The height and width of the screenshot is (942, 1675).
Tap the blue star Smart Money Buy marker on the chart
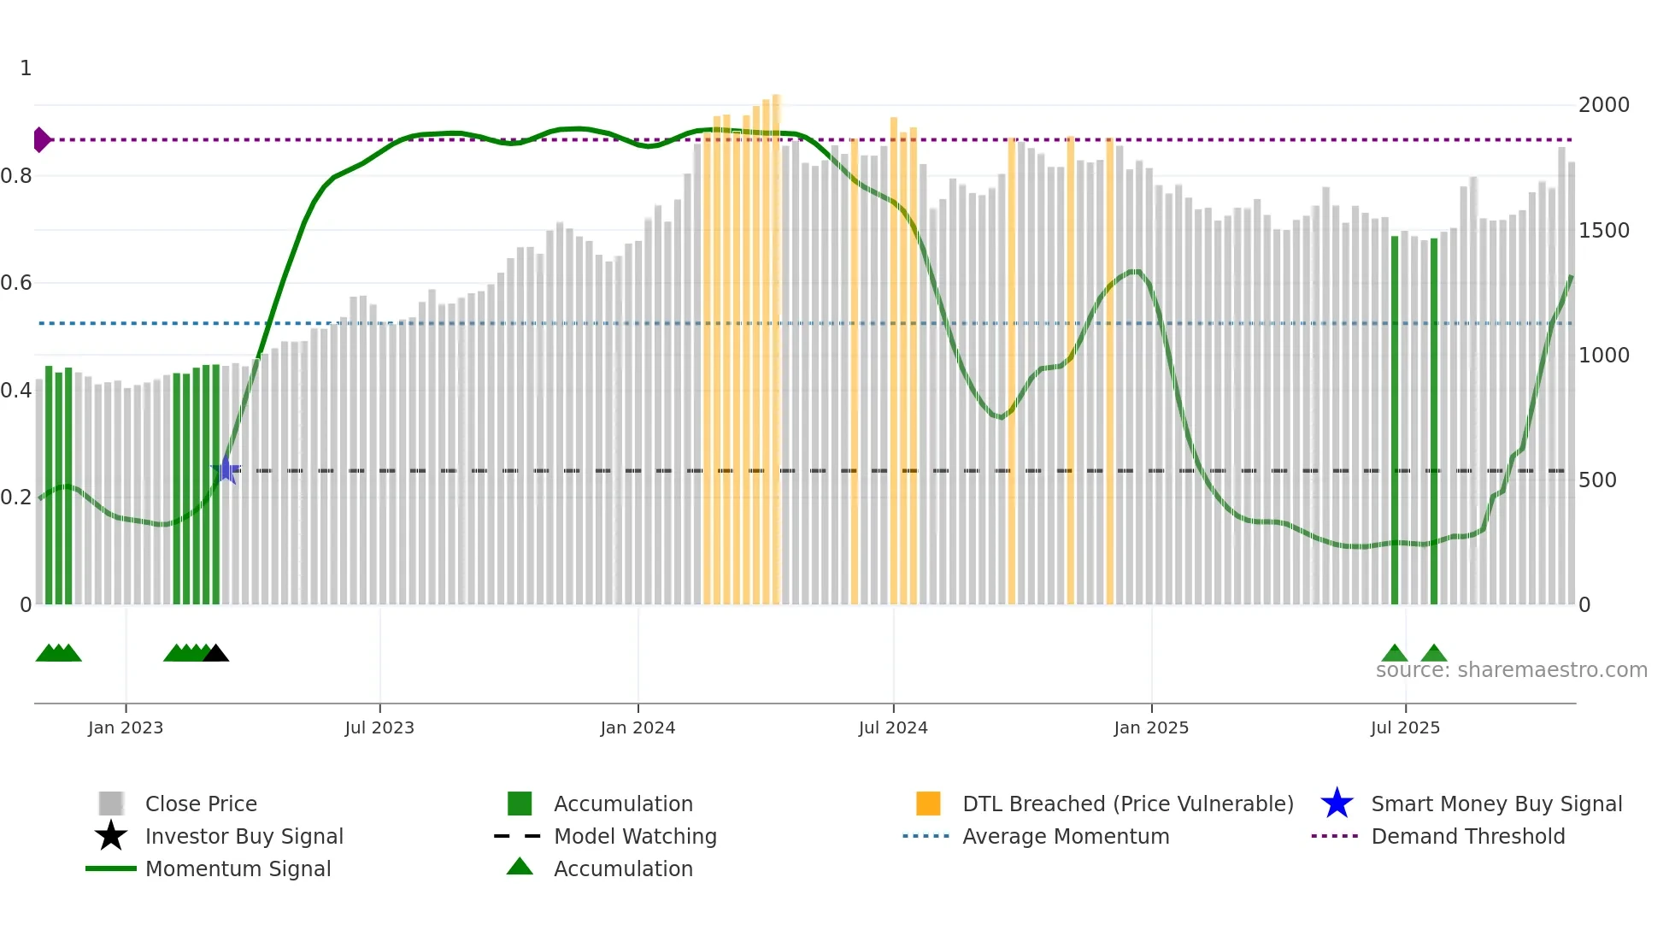click(226, 470)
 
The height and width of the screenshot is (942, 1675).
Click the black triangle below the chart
click(216, 654)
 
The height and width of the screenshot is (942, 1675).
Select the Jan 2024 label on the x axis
click(638, 727)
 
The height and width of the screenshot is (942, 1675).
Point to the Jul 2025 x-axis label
click(1405, 727)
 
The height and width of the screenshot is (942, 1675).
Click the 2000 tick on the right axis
click(1603, 105)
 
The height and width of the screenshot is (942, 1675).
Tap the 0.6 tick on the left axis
click(17, 283)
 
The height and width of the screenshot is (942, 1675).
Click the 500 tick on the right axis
click(1596, 480)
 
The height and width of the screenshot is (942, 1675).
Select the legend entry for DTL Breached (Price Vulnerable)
click(1127, 804)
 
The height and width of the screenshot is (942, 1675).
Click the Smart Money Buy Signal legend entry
click(1496, 804)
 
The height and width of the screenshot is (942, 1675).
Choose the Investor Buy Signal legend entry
click(244, 836)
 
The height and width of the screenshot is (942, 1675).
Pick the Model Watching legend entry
click(634, 836)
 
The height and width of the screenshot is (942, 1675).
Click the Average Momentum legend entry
click(1065, 836)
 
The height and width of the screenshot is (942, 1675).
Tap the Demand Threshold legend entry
click(1467, 836)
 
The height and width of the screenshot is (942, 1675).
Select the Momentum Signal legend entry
click(238, 868)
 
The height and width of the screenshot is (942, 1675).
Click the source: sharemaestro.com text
click(1511, 670)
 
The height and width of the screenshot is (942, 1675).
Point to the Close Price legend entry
click(200, 804)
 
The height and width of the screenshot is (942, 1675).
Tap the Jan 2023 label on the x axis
click(126, 727)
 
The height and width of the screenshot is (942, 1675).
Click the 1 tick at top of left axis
click(26, 68)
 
